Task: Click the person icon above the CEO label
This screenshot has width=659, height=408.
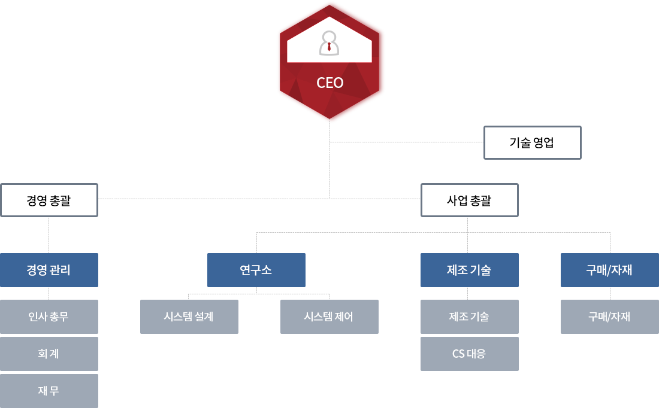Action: point(329,43)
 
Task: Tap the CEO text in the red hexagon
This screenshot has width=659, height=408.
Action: point(330,83)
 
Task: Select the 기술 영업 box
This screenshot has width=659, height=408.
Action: point(532,142)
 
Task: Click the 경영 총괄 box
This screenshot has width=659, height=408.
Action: point(49,200)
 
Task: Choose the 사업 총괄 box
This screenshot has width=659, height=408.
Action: point(469,200)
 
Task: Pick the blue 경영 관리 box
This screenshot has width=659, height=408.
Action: point(49,270)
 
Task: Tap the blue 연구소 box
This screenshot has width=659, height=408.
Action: point(256,270)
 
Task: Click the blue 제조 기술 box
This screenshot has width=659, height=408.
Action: point(469,270)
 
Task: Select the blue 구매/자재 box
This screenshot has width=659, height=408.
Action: point(609,270)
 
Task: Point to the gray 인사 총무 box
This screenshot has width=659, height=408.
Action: point(49,316)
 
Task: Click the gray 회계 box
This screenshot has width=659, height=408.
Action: point(49,354)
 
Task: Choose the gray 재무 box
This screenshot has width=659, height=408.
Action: point(49,391)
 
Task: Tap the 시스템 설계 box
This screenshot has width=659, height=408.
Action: point(189,316)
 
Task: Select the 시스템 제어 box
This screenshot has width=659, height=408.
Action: point(329,316)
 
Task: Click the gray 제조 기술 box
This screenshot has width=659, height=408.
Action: point(469,316)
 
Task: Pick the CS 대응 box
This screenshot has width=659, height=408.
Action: point(469,354)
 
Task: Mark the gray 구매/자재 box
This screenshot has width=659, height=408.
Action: point(609,316)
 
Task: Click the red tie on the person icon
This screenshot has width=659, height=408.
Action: point(329,46)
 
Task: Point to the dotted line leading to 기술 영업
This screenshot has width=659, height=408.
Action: point(407,142)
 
